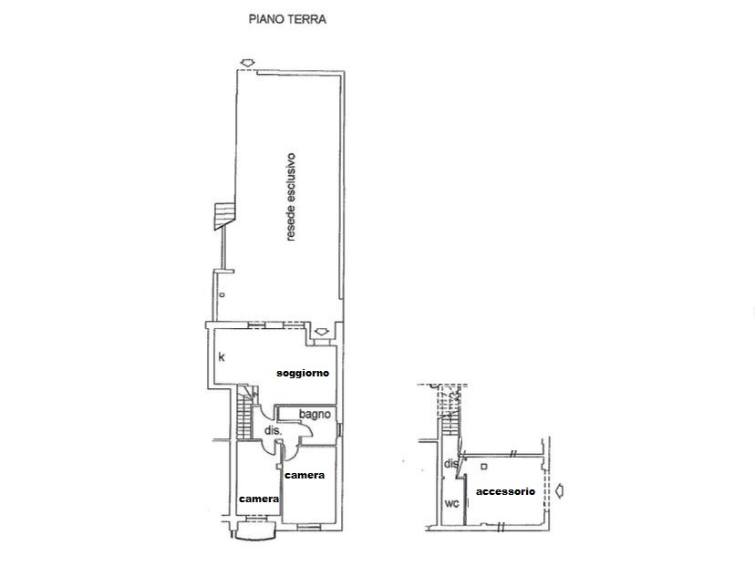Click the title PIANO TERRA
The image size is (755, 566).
tap(287, 19)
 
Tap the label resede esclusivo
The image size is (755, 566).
tap(290, 197)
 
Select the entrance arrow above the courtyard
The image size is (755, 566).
tap(247, 63)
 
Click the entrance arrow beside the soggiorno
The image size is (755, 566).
tap(322, 332)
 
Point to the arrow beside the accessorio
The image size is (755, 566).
tap(559, 491)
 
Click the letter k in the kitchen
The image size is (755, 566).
tap(222, 357)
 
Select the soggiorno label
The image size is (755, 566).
tap(303, 373)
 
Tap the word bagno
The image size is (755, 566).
tap(315, 415)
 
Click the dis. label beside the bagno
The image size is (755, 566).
tap(273, 431)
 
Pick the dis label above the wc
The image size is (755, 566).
tap(450, 464)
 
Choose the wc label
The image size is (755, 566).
tap(451, 504)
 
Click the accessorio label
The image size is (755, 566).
tap(505, 491)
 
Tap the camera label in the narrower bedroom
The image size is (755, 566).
tap(259, 499)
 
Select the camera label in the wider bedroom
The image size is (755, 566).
tap(305, 476)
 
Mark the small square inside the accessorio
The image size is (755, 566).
tap(484, 467)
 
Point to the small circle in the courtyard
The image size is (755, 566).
tap(222, 294)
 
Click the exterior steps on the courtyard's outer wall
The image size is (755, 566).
tap(224, 216)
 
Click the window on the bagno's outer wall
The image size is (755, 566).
tap(339, 429)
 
